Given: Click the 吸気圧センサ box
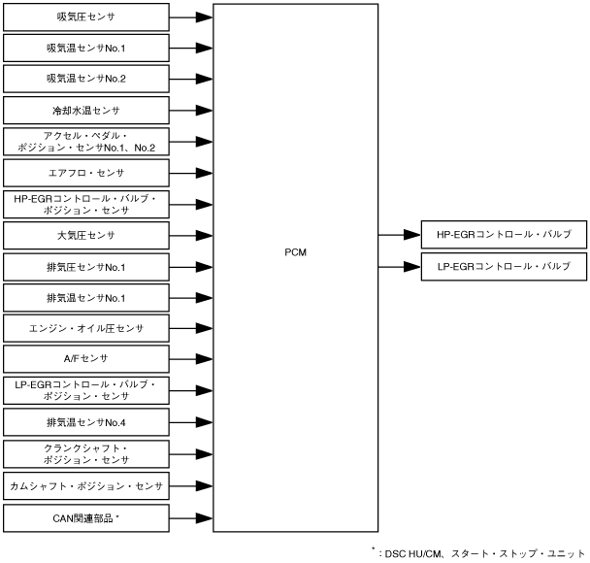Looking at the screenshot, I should click(x=86, y=17).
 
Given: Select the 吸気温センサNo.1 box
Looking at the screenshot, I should click(x=86, y=48).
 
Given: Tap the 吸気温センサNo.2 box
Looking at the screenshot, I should click(x=86, y=79).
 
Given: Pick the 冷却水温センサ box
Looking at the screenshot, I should click(x=86, y=111).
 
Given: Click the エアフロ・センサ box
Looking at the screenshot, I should click(x=86, y=173).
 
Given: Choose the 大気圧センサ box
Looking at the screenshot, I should click(x=86, y=235).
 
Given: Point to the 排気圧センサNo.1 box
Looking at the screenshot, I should click(x=86, y=267).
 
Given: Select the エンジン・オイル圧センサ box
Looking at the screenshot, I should click(x=86, y=329).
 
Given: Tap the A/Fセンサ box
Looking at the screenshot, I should click(x=86, y=359).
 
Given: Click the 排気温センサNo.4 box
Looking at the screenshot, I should click(x=86, y=422).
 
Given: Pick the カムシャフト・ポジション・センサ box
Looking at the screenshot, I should click(x=86, y=484).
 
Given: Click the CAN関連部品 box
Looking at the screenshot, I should click(x=86, y=516).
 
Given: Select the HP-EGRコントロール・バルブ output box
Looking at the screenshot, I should click(x=504, y=235).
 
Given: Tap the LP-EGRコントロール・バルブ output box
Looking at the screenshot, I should click(x=504, y=266).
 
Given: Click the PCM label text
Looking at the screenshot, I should click(x=296, y=251).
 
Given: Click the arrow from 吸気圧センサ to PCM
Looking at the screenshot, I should click(x=191, y=17).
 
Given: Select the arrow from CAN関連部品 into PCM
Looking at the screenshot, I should click(x=191, y=516).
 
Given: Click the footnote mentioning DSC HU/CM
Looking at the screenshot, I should click(x=478, y=554).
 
